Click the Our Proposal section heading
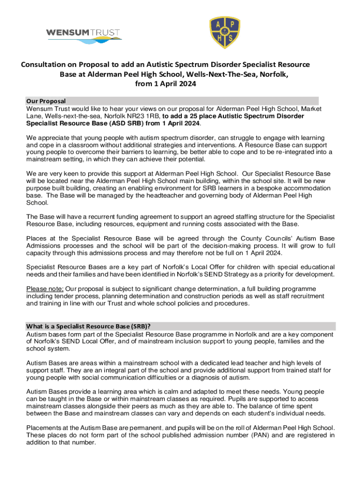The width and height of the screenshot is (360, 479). (46, 101)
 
